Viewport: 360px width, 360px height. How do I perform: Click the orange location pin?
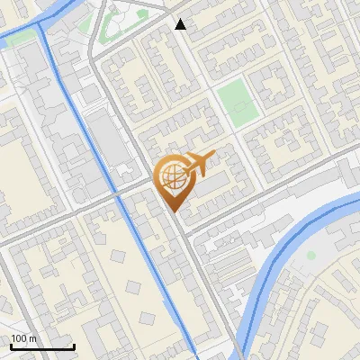173,180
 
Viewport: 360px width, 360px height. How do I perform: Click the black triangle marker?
181,24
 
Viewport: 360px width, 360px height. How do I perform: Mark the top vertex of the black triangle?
181,19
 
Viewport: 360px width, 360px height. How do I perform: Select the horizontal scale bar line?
42,347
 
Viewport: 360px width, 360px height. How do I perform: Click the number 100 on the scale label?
19,338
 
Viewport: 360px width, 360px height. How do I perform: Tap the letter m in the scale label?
31,338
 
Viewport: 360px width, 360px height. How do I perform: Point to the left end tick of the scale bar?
11,346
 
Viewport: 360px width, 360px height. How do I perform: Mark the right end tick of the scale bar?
74,346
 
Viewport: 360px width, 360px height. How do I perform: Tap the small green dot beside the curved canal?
310,256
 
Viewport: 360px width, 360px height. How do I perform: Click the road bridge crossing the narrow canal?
119,193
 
